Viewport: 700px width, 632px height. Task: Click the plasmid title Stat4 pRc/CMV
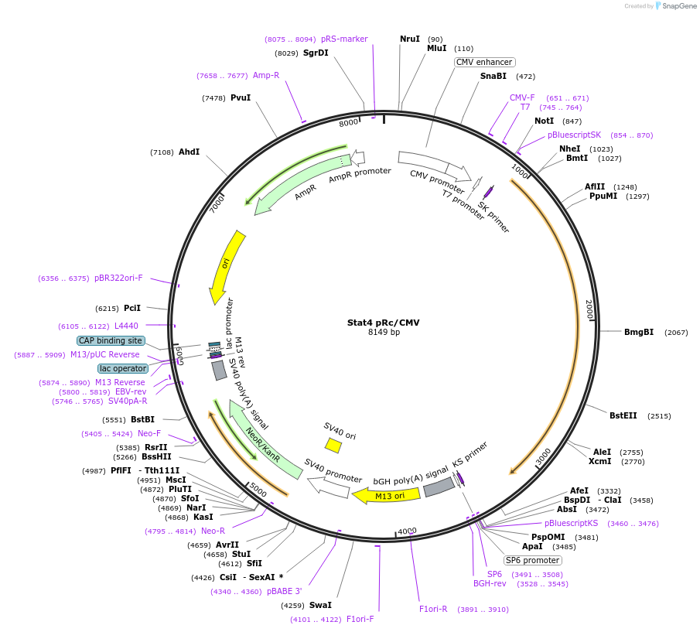coord(384,322)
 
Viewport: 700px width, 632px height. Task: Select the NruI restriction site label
coord(410,39)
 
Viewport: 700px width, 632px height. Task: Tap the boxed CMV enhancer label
coord(484,62)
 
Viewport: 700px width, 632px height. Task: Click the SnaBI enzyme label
coord(493,76)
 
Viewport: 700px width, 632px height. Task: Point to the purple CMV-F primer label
coord(522,97)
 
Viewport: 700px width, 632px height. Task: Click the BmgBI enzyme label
coord(639,332)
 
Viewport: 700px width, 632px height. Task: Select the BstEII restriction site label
coord(623,415)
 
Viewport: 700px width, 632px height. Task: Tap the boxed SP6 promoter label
coord(533,560)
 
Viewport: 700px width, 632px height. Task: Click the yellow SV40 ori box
coord(333,445)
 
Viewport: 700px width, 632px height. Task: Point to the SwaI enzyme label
coord(319,605)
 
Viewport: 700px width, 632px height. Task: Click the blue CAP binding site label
coord(111,340)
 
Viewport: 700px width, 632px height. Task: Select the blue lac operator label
coord(123,368)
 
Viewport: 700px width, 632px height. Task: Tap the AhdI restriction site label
coord(189,152)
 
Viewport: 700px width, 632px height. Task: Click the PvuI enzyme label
coord(241,97)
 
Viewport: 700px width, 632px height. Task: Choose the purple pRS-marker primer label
coord(344,39)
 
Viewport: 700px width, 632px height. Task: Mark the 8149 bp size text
coord(384,333)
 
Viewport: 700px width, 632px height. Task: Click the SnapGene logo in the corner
coord(674,6)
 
